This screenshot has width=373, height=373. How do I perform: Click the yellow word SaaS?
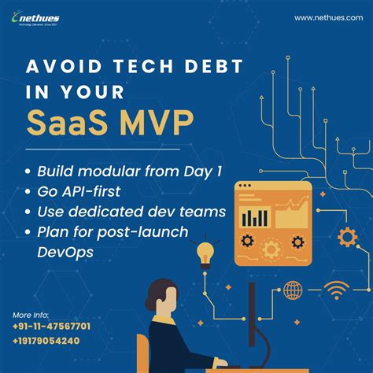coord(62,123)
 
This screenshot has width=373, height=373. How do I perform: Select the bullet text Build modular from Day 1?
coord(123,170)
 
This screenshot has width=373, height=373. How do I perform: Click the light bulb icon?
coord(205,253)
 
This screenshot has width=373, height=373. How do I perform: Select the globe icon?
coord(292,290)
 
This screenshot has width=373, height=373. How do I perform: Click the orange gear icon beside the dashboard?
coord(345,236)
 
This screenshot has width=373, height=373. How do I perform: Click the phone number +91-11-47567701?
coord(51,326)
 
